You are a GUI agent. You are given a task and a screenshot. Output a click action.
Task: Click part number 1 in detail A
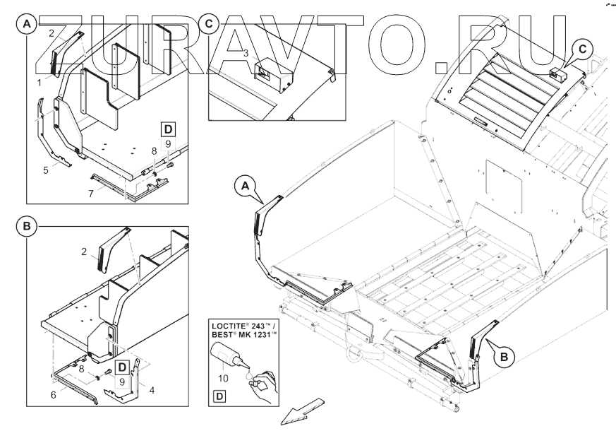pyautogui.click(x=40, y=83)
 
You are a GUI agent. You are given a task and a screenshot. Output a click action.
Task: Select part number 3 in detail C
pyautogui.click(x=246, y=53)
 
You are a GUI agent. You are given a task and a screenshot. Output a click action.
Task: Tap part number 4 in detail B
pyautogui.click(x=152, y=390)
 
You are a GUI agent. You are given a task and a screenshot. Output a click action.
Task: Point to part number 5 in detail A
pyautogui.click(x=46, y=170)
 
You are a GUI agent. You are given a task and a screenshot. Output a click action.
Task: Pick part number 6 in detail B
pyautogui.click(x=54, y=394)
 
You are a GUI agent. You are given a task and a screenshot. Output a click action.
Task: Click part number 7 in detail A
pyautogui.click(x=91, y=194)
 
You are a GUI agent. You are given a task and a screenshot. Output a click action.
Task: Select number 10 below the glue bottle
pyautogui.click(x=223, y=378)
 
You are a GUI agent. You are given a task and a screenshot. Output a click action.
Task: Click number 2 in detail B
pyautogui.click(x=84, y=252)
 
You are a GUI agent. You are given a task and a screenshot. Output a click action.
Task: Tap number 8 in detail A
pyautogui.click(x=154, y=150)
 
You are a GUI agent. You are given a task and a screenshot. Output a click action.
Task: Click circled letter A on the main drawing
pyautogui.click(x=245, y=186)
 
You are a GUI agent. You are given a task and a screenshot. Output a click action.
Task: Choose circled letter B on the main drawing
pyautogui.click(x=504, y=357)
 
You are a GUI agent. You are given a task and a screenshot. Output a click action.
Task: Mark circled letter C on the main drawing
pyautogui.click(x=583, y=49)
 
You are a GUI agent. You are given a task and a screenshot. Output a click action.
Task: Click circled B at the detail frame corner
pyautogui.click(x=26, y=227)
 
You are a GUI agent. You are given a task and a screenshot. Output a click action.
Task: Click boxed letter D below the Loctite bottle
pyautogui.click(x=219, y=396)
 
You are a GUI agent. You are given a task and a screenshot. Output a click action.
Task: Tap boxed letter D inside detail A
pyautogui.click(x=168, y=129)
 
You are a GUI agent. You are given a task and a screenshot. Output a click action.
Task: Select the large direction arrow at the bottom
pyautogui.click(x=303, y=411)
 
